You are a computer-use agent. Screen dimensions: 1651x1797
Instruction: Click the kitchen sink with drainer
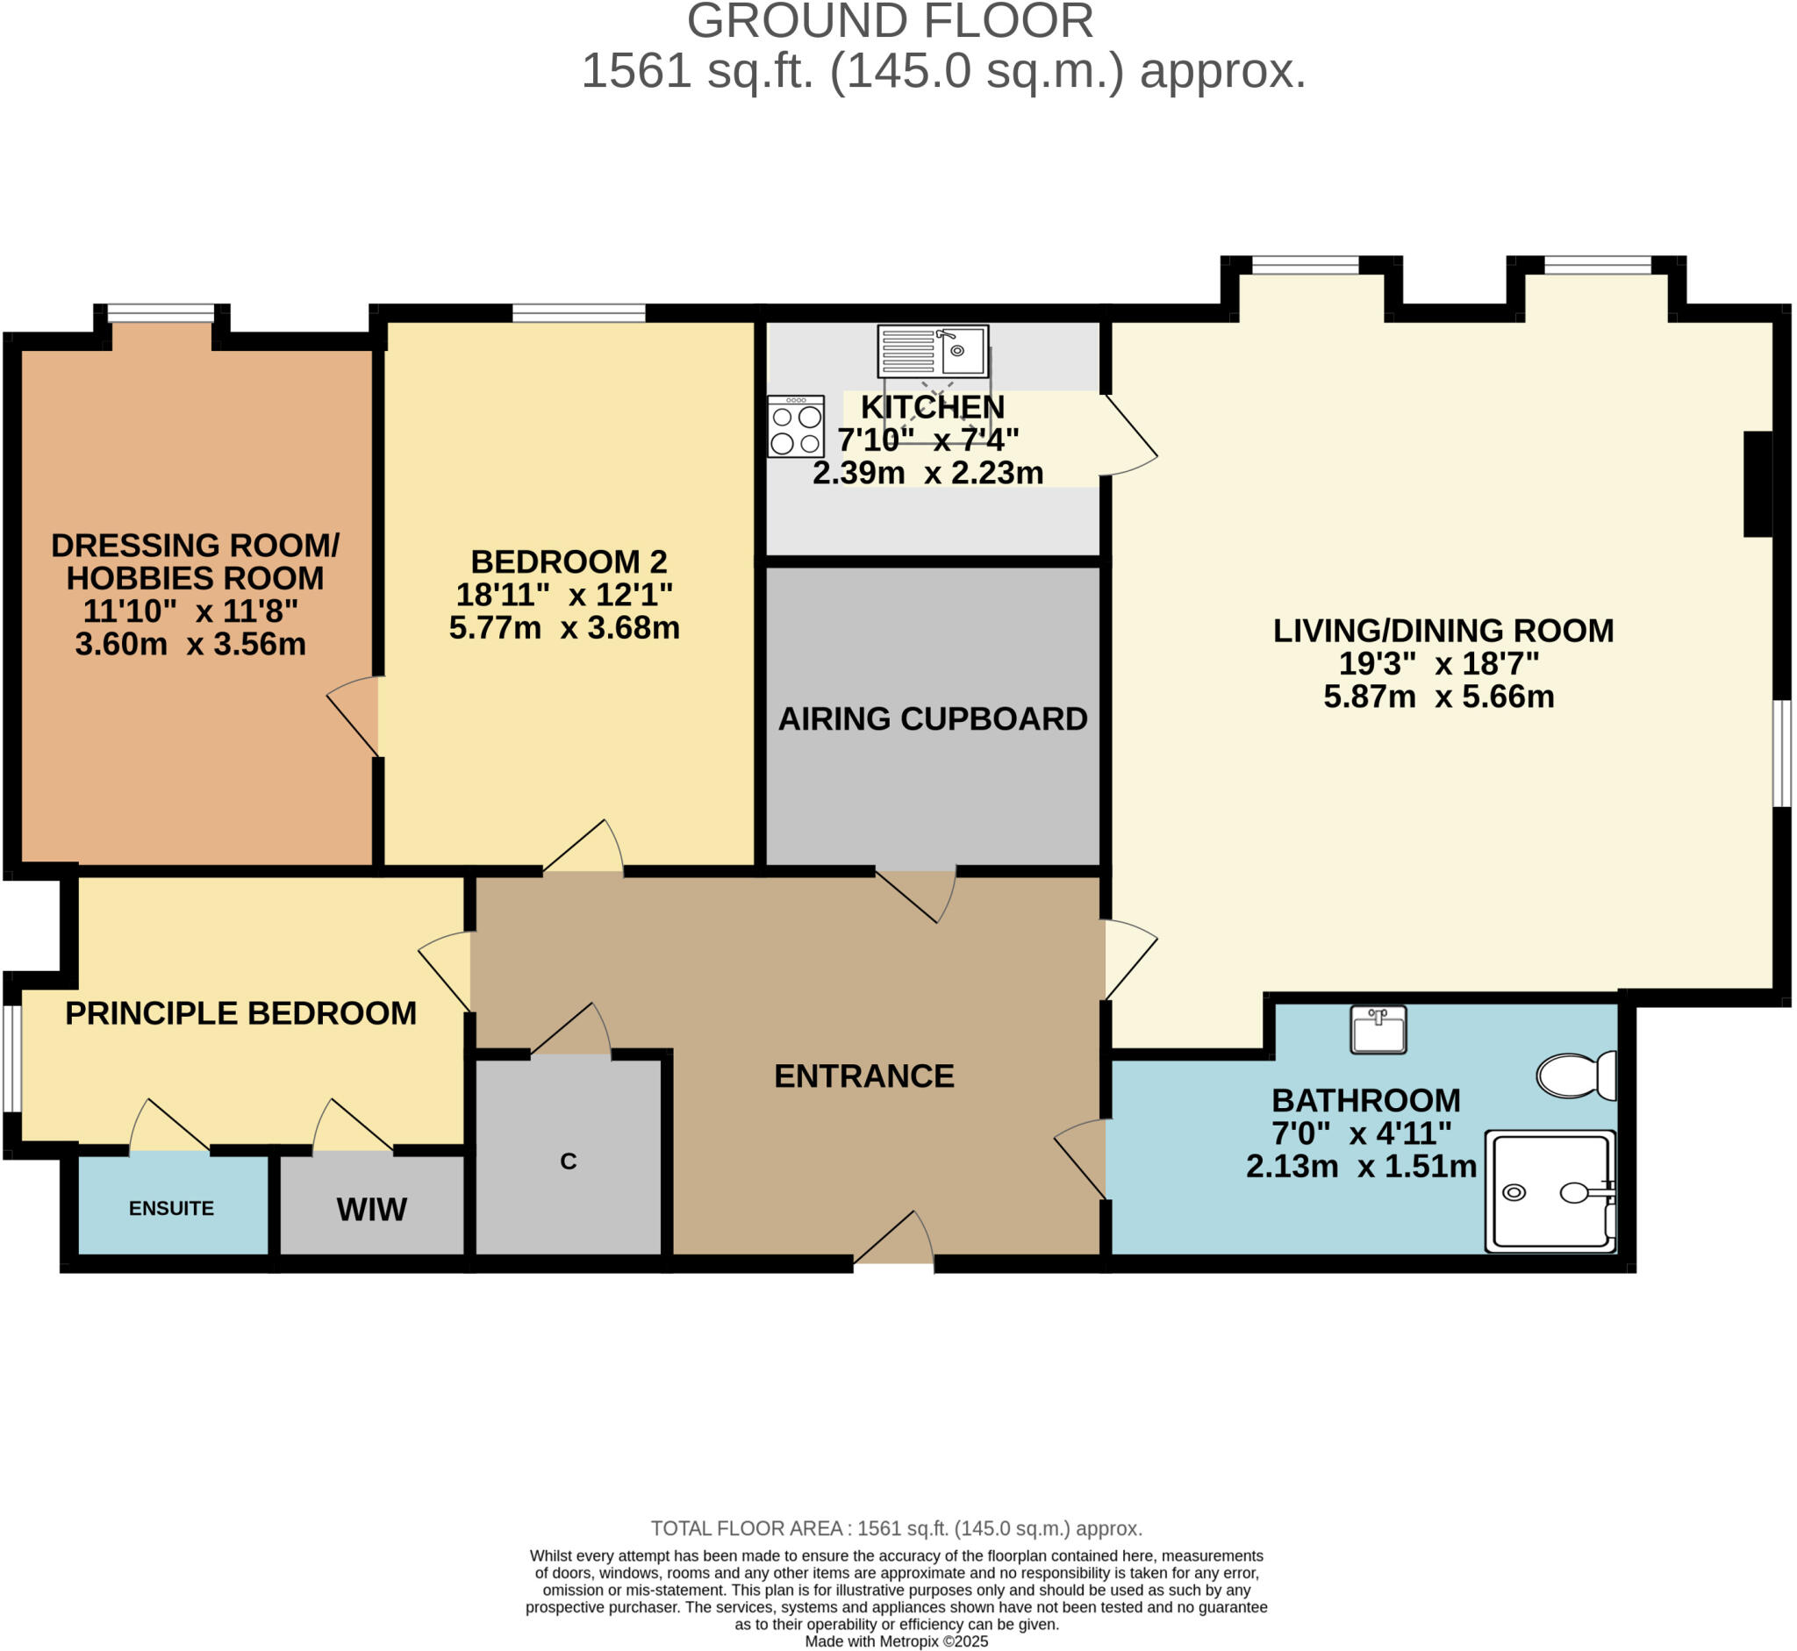(x=932, y=351)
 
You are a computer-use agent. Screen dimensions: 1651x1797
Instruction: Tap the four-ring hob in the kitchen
(x=795, y=427)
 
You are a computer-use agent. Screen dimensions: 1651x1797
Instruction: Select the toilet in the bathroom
(x=1574, y=1075)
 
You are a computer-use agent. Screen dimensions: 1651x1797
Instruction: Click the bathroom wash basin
(x=1377, y=1029)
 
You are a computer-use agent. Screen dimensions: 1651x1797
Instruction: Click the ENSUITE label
(x=172, y=1209)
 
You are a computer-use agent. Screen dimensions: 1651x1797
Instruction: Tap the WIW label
(x=372, y=1210)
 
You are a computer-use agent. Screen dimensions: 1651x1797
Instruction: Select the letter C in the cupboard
(x=569, y=1161)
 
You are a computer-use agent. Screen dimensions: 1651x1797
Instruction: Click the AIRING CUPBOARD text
(x=932, y=719)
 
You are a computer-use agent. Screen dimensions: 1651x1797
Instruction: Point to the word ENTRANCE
(x=864, y=1076)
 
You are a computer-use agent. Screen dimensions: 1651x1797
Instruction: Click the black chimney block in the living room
(x=1757, y=484)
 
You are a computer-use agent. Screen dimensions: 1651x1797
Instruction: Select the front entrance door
(x=893, y=1242)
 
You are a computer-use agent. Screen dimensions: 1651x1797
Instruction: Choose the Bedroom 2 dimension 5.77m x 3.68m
(x=564, y=628)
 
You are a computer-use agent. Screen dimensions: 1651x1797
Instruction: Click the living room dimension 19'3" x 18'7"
(x=1439, y=664)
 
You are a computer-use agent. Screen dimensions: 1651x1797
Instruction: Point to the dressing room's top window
(x=161, y=312)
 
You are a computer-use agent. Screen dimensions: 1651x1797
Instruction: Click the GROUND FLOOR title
(x=890, y=21)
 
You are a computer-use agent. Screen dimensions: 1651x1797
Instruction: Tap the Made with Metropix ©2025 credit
(x=896, y=1641)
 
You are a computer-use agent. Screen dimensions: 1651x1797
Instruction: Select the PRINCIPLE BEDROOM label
(x=240, y=1013)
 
